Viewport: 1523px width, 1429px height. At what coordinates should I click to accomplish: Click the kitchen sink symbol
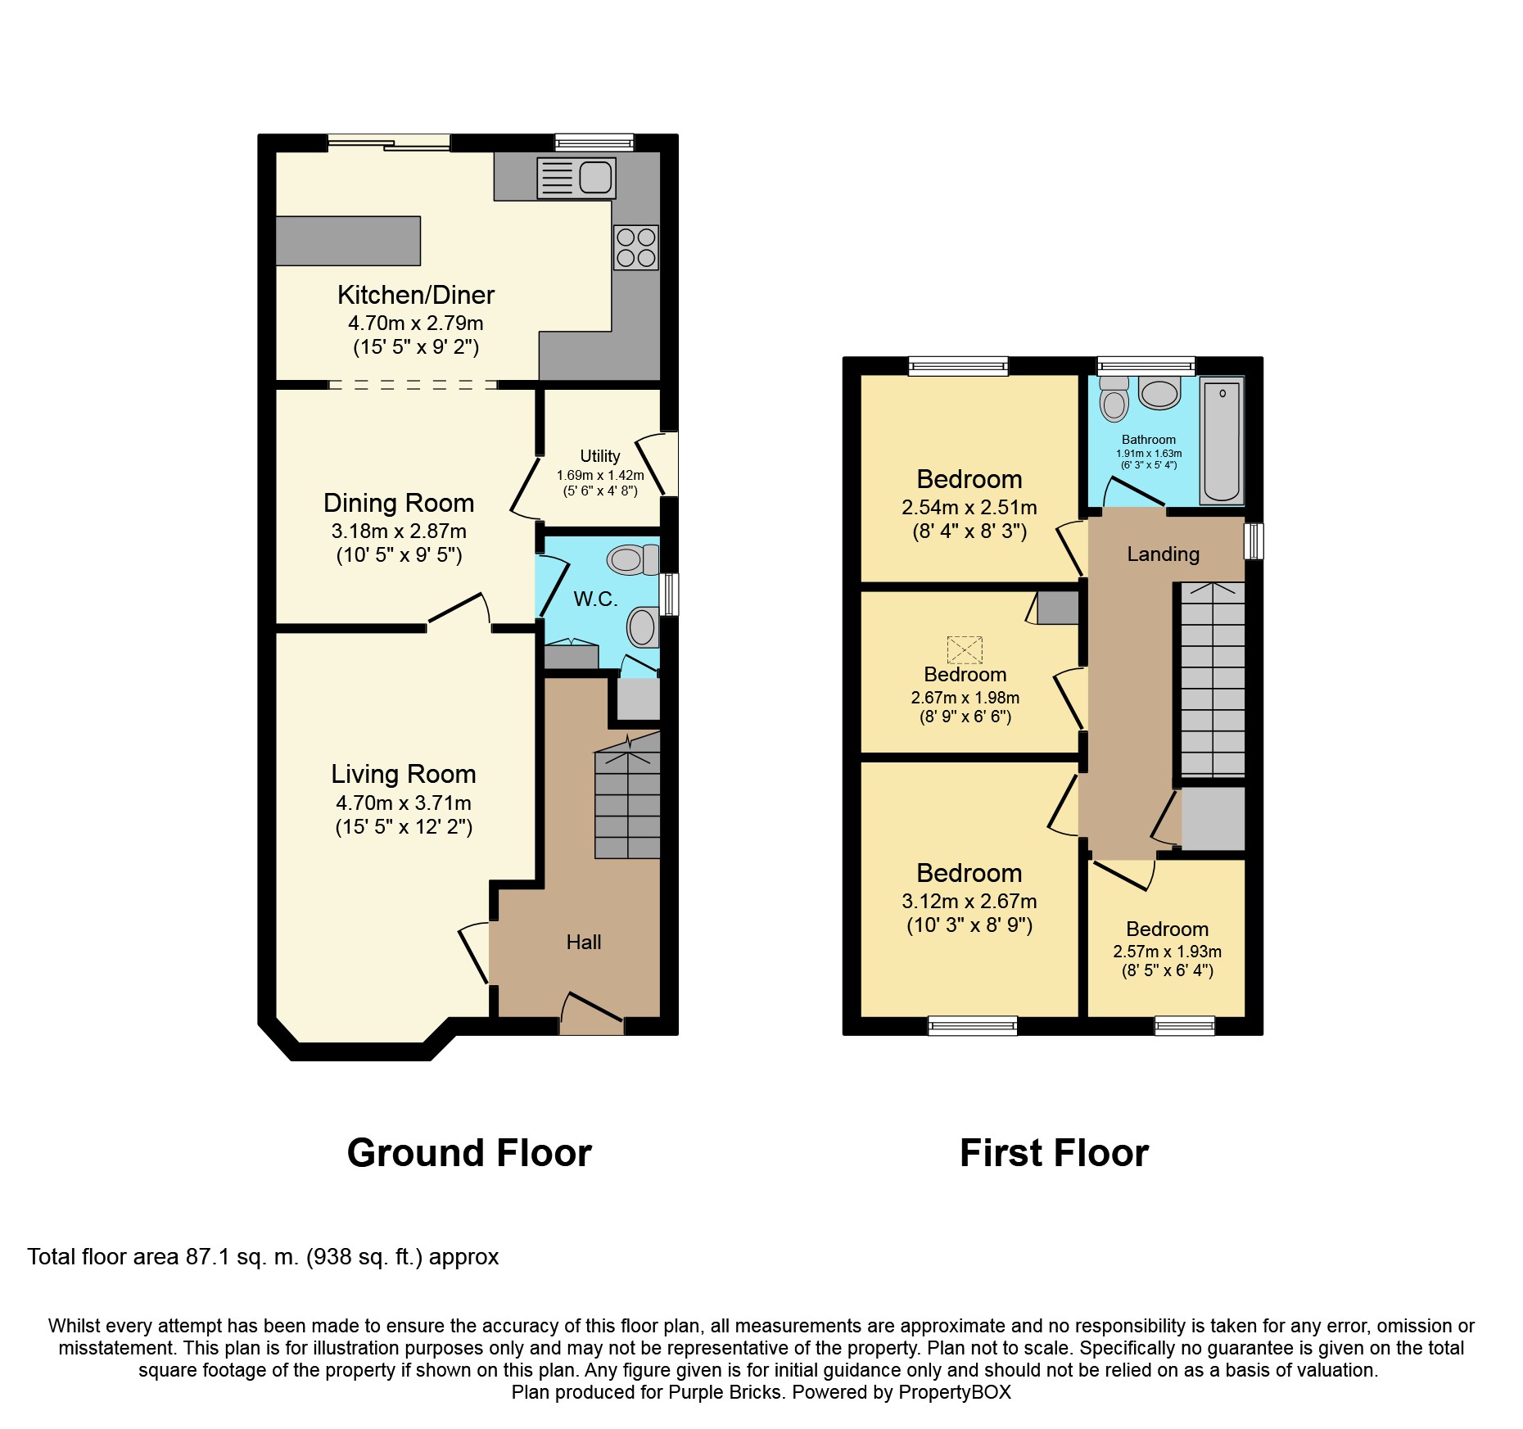576,178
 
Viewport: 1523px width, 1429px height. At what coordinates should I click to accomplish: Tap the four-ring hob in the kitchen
635,247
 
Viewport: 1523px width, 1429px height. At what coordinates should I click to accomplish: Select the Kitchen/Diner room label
416,295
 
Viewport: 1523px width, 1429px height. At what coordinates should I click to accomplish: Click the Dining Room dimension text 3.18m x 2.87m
399,531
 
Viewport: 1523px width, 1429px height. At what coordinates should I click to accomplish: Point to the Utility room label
599,456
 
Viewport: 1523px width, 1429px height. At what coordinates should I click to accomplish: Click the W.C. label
595,599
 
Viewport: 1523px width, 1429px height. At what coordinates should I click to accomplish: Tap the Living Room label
403,774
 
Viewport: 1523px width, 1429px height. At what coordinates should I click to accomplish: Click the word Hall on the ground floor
583,943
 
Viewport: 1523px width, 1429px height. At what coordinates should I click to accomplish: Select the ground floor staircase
627,803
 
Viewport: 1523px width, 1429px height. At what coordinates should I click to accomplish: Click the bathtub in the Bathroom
1221,440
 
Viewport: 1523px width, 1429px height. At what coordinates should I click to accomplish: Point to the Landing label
1163,554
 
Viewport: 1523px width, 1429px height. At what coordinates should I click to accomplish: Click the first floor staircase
1212,680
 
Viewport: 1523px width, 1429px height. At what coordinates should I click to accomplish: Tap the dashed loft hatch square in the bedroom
964,649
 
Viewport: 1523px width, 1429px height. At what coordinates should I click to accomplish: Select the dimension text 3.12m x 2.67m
969,902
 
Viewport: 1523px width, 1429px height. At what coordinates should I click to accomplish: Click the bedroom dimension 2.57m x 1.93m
1167,952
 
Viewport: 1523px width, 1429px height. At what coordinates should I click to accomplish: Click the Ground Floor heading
469,1153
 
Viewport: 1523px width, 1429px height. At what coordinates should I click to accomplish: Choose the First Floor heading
1054,1153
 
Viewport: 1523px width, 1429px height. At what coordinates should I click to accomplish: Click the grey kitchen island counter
348,241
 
